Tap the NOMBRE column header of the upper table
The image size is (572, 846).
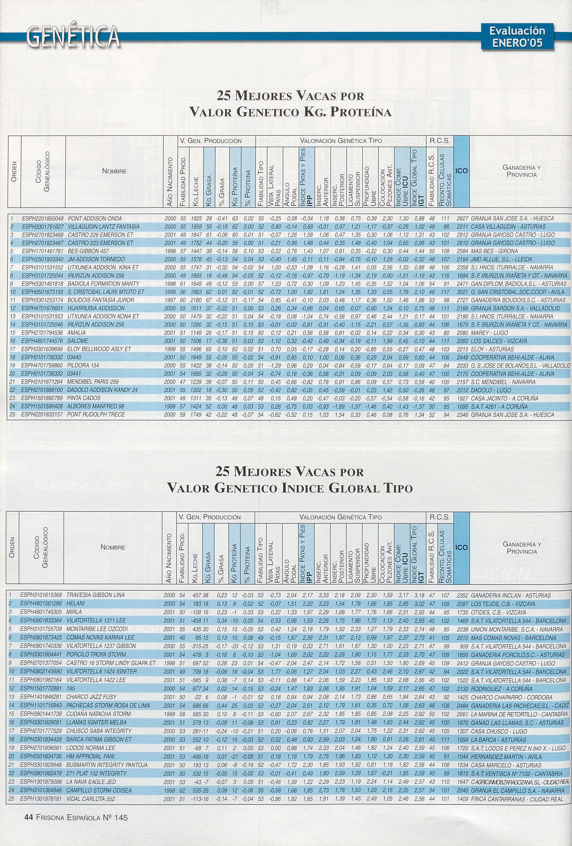[114, 171]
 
